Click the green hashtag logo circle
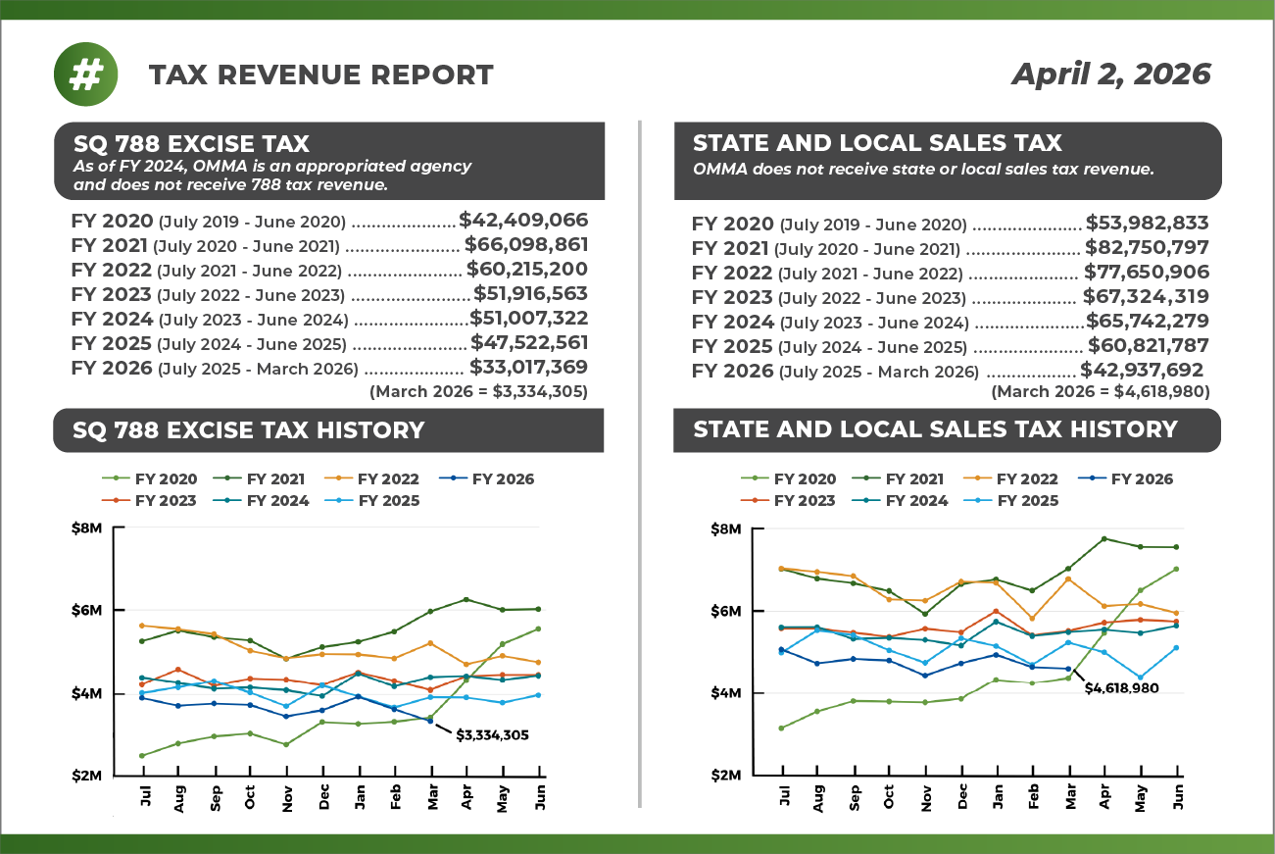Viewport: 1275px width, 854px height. [86, 75]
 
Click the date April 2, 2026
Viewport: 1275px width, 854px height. [1111, 75]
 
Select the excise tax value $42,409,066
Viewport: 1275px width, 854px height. [523, 221]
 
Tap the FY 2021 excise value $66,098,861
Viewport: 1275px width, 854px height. [526, 245]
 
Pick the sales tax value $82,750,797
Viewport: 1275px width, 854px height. [1147, 248]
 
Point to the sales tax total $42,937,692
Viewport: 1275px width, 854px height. [1142, 370]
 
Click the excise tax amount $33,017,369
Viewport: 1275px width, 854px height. [528, 368]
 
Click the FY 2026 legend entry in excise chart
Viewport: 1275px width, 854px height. [503, 479]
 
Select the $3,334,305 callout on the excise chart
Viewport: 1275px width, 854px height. [492, 734]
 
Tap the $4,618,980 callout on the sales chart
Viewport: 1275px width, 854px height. [1122, 688]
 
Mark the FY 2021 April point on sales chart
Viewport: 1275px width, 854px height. [1104, 538]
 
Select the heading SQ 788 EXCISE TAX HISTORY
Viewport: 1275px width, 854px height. [248, 429]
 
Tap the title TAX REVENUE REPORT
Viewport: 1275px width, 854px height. [320, 75]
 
